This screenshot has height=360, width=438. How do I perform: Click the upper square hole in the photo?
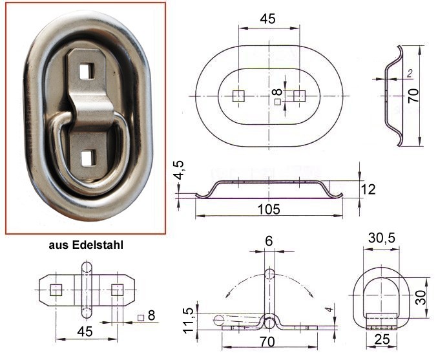point(87,71)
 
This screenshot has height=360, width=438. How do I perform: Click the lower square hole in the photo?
point(89,158)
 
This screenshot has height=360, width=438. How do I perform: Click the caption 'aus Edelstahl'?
point(86,245)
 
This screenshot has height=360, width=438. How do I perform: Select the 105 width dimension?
point(269,209)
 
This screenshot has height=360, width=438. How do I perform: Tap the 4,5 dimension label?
point(178,170)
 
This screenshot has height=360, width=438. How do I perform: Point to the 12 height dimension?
point(368,189)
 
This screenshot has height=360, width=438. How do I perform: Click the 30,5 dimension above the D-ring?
point(382,238)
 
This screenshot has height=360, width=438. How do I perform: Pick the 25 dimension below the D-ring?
point(382,339)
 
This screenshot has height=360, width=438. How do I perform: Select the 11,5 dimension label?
point(189,321)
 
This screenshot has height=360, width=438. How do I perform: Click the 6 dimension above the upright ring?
point(269,241)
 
